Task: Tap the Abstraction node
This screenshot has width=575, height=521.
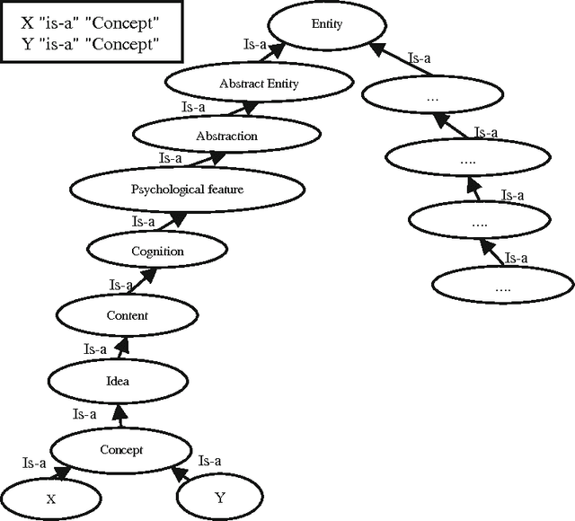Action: click(226, 137)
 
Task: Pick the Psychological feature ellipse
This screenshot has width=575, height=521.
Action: click(187, 190)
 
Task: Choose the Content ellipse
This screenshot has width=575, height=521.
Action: click(127, 315)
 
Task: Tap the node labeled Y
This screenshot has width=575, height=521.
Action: click(220, 495)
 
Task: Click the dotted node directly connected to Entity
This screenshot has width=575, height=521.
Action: click(431, 94)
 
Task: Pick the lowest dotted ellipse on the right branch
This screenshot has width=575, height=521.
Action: click(502, 287)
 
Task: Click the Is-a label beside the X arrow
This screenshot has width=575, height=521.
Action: click(34, 464)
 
